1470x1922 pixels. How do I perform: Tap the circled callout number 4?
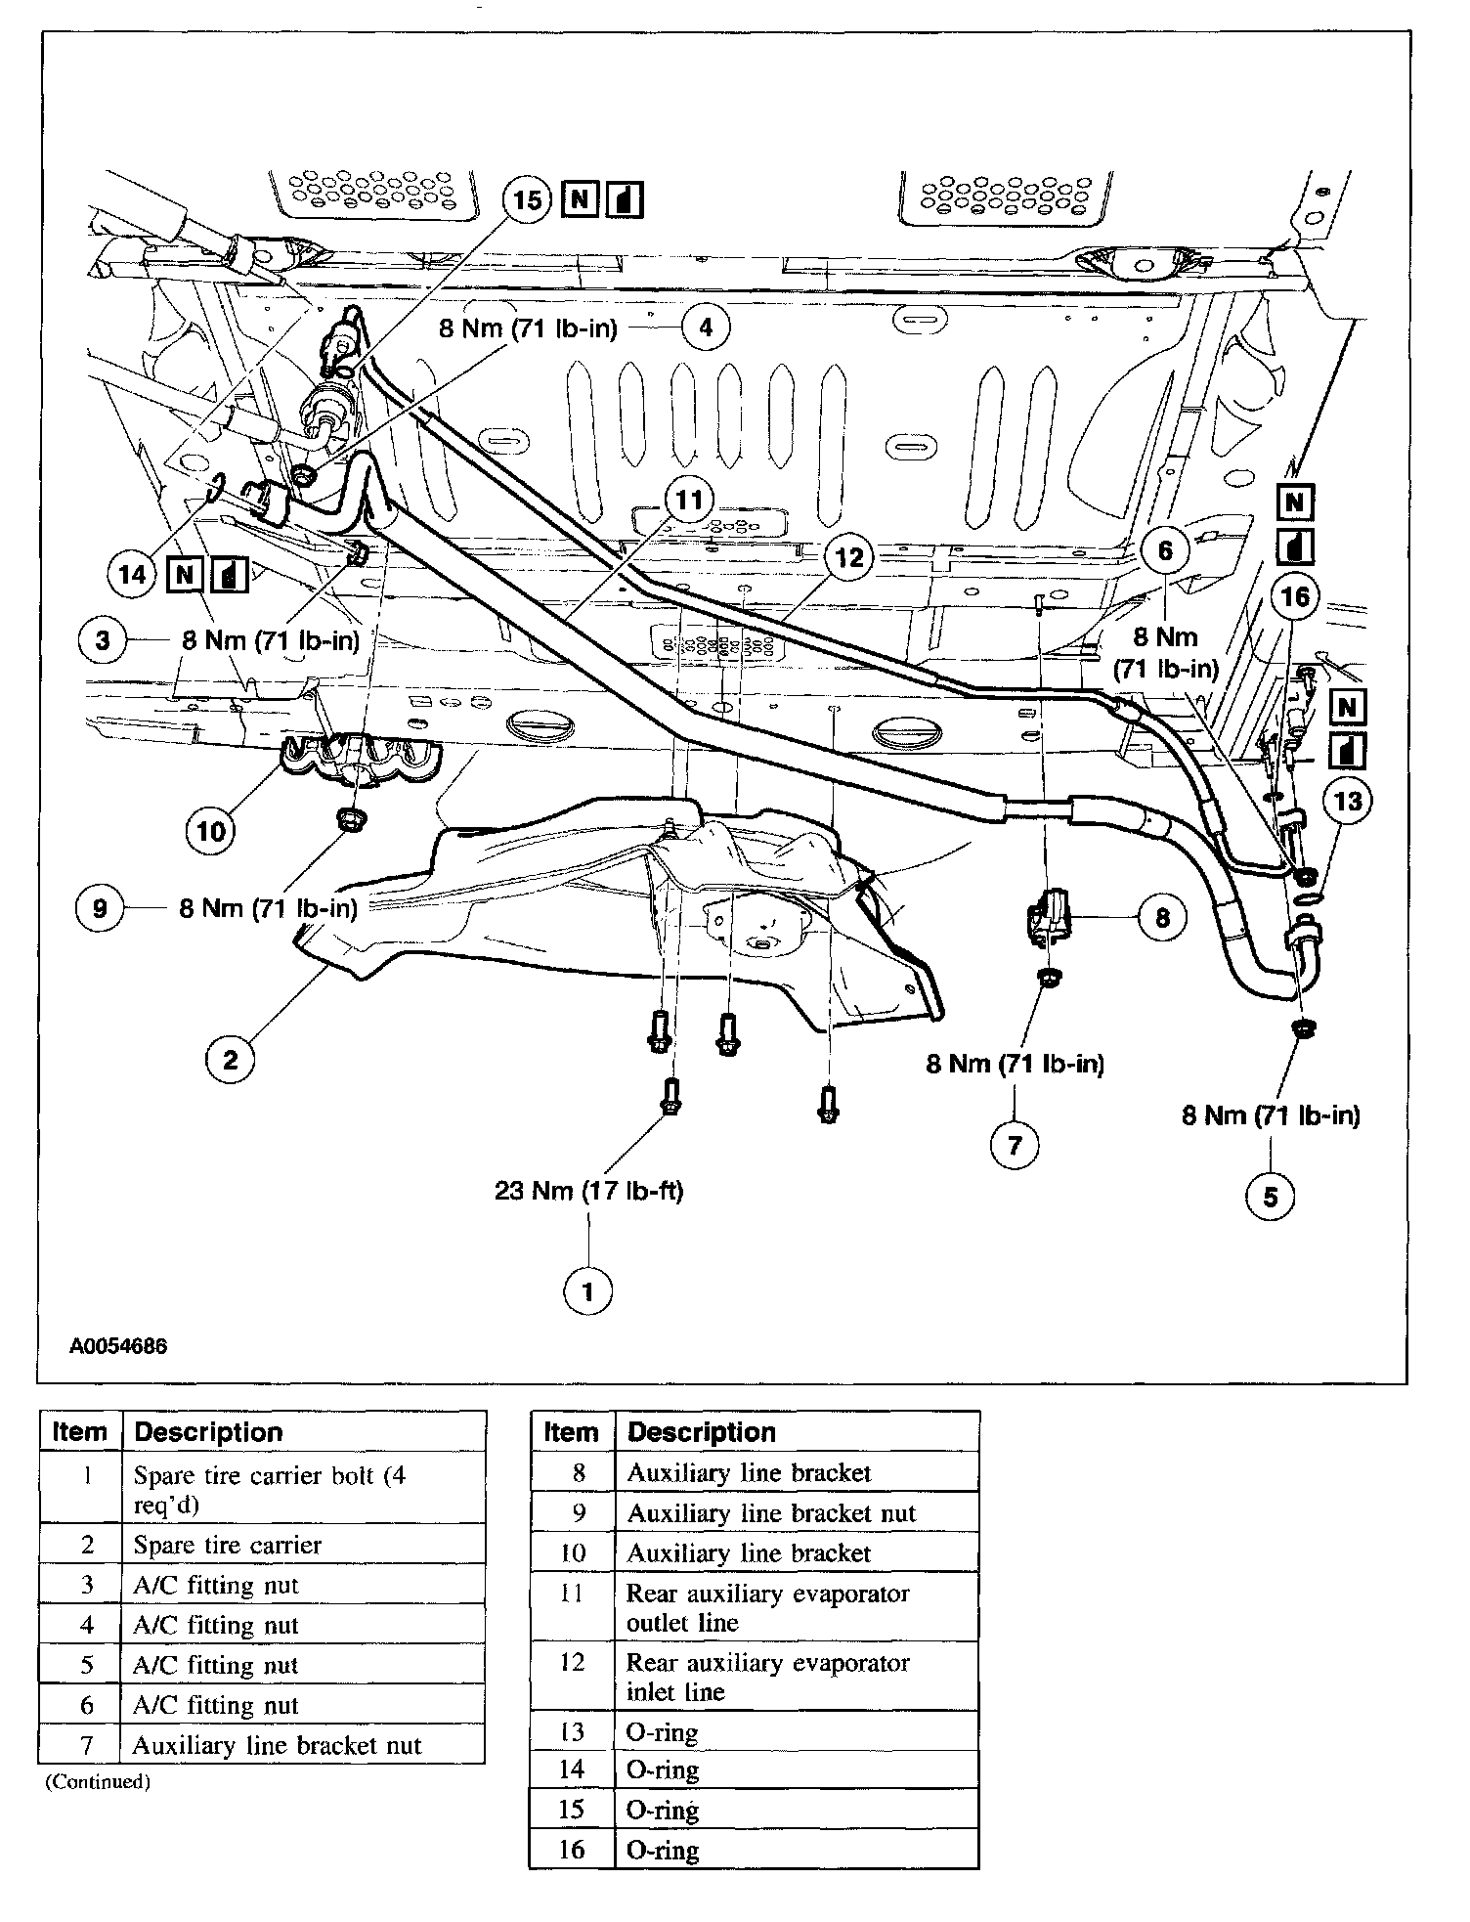[x=705, y=327]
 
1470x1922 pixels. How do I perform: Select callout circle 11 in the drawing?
[x=690, y=501]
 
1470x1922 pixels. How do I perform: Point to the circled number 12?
[x=849, y=557]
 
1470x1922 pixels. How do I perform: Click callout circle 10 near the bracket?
[x=211, y=831]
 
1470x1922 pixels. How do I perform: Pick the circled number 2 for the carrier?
[x=230, y=1060]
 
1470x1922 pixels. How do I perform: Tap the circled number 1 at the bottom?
[x=587, y=1291]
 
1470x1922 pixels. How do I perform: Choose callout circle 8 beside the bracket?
[x=1161, y=918]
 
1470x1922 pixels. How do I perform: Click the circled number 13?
[x=1347, y=802]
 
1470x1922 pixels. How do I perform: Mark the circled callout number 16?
[x=1294, y=595]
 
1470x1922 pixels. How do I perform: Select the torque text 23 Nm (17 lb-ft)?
[x=588, y=1191]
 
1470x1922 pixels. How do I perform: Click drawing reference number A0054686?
[x=118, y=1346]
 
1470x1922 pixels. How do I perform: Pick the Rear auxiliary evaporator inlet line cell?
[x=768, y=1677]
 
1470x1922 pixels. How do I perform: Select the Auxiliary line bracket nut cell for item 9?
[x=771, y=1513]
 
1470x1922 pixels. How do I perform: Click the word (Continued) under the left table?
[x=98, y=1781]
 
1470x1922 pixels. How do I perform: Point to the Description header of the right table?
[x=701, y=1432]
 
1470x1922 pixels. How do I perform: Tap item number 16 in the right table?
[x=572, y=1850]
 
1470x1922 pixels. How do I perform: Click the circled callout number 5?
[x=1270, y=1197]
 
